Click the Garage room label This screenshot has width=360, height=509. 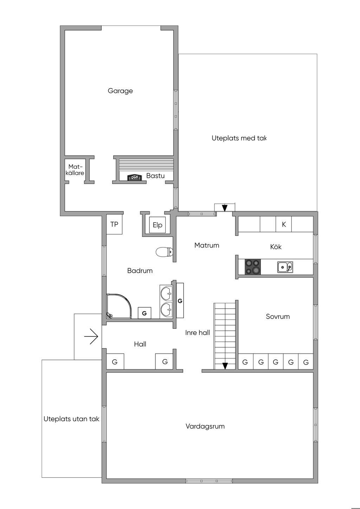coord(120,91)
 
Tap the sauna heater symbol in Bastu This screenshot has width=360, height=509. coord(134,178)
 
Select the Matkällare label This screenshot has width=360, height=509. coord(75,170)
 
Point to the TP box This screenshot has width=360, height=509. coord(114,224)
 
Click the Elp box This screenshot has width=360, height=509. coord(157,225)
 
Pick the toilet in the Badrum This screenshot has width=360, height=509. coord(164,252)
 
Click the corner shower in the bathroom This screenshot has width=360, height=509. coord(119,306)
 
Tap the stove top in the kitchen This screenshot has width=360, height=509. coord(253,266)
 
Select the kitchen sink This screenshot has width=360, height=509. coord(285,267)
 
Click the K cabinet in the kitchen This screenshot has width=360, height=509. coord(284,224)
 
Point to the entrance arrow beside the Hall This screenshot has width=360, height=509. coord(91,336)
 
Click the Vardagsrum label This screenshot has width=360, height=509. coord(205,426)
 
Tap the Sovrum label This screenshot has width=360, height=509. coord(278,316)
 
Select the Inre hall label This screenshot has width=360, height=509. coord(198,333)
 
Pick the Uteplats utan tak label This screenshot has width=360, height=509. coord(71,419)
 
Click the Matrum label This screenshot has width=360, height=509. coord(207,245)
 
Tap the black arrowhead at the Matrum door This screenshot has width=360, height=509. coord(225,208)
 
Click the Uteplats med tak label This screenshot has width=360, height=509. coord(239,138)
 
